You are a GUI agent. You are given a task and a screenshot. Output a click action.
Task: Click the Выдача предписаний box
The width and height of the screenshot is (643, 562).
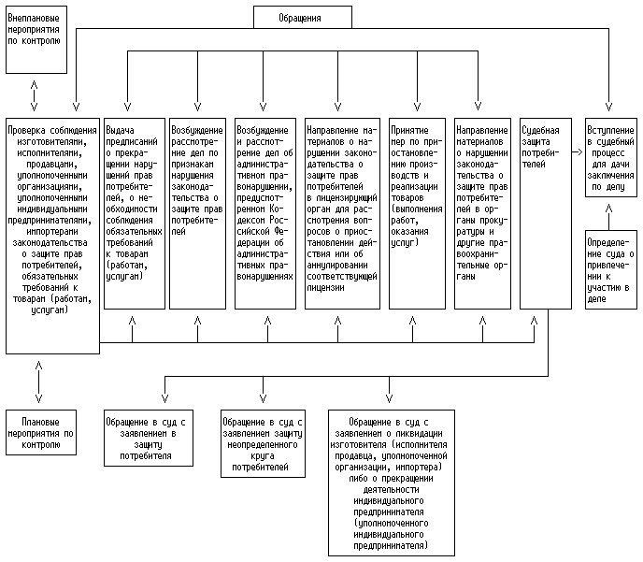(131, 212)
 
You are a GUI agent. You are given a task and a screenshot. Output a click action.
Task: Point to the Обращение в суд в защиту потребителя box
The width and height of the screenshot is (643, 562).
(149, 439)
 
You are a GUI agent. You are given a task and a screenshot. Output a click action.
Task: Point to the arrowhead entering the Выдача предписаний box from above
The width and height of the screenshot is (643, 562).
(131, 110)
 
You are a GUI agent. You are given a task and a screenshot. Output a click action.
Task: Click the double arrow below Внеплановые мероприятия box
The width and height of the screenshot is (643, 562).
(36, 92)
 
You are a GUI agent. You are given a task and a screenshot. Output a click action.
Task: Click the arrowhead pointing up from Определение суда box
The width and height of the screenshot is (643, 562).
(609, 213)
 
